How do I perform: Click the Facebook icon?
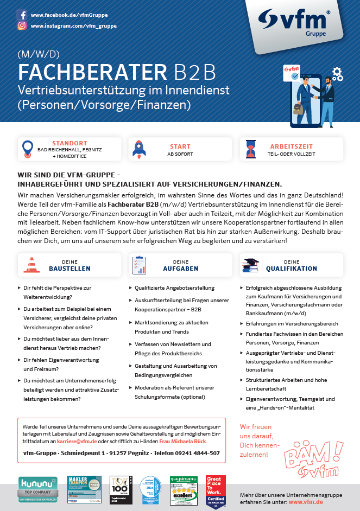[22, 15]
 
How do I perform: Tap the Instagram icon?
[22, 25]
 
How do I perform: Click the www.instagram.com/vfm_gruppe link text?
[73, 25]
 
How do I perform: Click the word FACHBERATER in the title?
[92, 73]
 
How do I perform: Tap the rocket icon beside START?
[138, 149]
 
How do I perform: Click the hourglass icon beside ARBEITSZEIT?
[250, 149]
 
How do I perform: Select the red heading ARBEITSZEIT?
[292, 146]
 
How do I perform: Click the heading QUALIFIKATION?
[292, 269]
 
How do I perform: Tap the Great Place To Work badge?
[216, 491]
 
